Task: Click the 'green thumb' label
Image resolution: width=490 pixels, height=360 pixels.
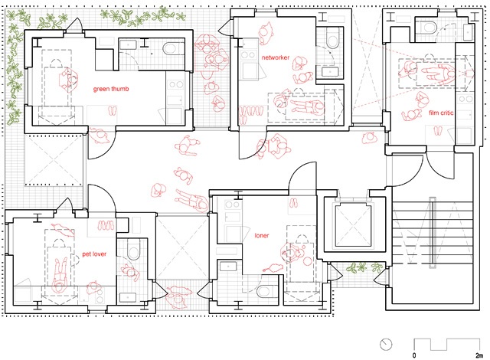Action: [x=111, y=89]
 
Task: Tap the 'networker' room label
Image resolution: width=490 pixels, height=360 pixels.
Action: [x=276, y=57]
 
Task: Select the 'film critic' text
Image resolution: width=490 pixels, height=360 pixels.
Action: [x=441, y=113]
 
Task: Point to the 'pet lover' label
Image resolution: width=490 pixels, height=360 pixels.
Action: [x=94, y=254]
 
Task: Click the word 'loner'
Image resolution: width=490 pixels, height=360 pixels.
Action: [x=262, y=235]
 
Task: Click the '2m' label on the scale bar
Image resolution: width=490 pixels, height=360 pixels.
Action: [x=479, y=355]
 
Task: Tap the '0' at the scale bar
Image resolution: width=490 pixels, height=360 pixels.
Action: [x=414, y=355]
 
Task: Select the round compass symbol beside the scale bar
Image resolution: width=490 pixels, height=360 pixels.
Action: [x=386, y=345]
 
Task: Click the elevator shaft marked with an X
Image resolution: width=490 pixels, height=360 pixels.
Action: [x=354, y=224]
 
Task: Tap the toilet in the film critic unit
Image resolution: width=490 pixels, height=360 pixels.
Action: [x=430, y=27]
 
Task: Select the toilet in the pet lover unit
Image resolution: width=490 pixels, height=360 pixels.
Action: [x=133, y=250]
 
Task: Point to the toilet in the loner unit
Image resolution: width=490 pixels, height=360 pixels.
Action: [x=264, y=292]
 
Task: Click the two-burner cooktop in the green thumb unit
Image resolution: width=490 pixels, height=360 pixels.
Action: [x=175, y=84]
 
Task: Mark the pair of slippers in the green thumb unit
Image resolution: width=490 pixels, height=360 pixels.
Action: [x=113, y=110]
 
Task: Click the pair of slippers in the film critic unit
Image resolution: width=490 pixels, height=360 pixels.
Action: [x=438, y=131]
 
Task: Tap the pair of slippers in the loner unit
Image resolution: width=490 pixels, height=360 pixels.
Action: [x=293, y=203]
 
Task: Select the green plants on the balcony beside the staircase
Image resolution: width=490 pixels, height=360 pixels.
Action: [x=364, y=267]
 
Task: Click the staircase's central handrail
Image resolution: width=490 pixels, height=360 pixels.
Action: [x=432, y=233]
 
